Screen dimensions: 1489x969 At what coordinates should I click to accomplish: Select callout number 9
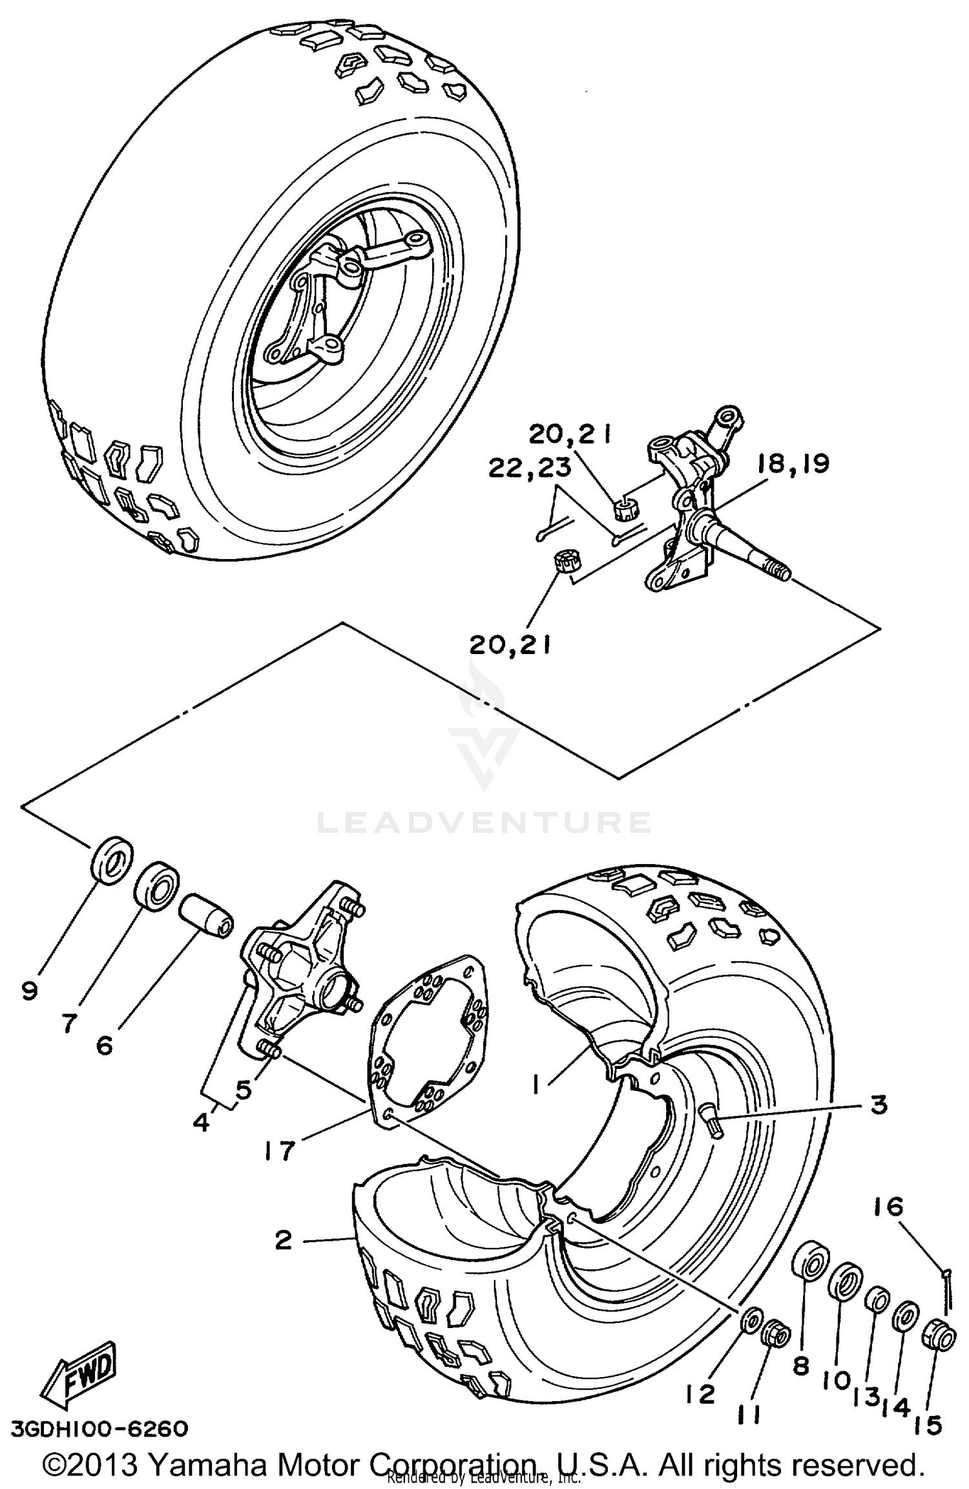[x=30, y=1009]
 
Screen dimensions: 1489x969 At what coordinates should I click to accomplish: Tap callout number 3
[x=879, y=1104]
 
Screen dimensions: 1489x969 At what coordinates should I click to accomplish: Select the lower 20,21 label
[x=510, y=644]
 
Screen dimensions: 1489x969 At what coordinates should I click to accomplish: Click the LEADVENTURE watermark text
[x=483, y=822]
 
